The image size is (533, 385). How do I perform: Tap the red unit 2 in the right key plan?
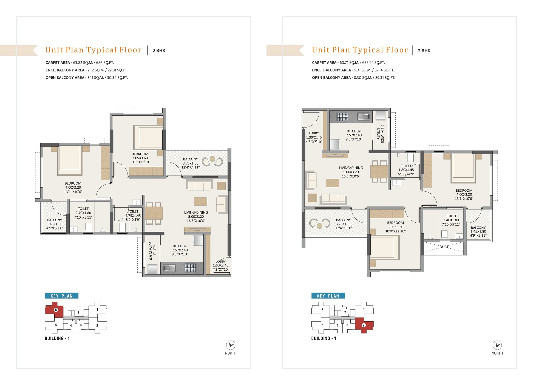(364, 325)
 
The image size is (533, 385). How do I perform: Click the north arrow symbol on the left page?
(231, 345)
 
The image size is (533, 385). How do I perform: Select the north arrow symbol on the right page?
(497, 345)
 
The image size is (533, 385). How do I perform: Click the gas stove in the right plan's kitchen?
(342, 117)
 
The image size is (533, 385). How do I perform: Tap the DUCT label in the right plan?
(444, 247)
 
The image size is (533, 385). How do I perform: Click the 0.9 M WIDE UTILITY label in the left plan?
(153, 251)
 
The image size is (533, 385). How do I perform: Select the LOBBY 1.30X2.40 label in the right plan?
(314, 137)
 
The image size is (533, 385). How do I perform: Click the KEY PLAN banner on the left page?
(62, 296)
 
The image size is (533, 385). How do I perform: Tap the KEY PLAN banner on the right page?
(328, 296)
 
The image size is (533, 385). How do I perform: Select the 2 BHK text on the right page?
(424, 51)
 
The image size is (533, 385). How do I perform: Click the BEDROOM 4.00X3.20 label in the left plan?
(73, 188)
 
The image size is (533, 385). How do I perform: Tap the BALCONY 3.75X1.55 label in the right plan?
(343, 224)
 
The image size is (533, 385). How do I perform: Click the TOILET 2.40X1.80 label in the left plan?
(83, 213)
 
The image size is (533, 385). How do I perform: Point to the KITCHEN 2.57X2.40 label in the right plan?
(354, 135)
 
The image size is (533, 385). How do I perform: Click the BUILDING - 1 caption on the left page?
(57, 338)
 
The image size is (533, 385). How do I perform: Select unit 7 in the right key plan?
(345, 312)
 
